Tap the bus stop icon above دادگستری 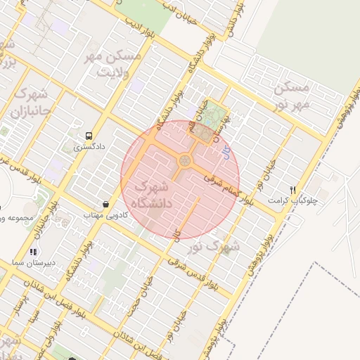pyautogui.click(x=89, y=136)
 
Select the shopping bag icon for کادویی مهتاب pyautogui.click(x=105, y=205)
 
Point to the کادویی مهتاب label pyautogui.click(x=105, y=214)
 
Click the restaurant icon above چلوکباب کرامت pyautogui.click(x=292, y=190)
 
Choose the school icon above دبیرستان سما pyautogui.click(x=32, y=252)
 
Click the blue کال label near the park pyautogui.click(x=226, y=152)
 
